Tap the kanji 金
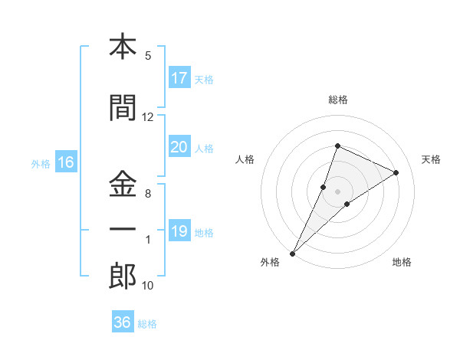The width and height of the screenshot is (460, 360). pyautogui.click(x=123, y=184)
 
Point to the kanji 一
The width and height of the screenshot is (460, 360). pyautogui.click(x=123, y=229)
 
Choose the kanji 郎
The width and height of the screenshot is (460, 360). pyautogui.click(x=123, y=277)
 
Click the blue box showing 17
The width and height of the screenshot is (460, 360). pyautogui.click(x=179, y=78)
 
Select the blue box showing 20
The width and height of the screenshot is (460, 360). pyautogui.click(x=179, y=148)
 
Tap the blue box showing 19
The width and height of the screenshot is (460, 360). pyautogui.click(x=179, y=232)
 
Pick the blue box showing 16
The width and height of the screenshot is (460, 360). pyautogui.click(x=66, y=162)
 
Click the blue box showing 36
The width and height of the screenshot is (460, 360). pyautogui.click(x=123, y=322)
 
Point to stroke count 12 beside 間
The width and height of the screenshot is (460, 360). pyautogui.click(x=148, y=117)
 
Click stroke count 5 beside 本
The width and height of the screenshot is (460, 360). pyautogui.click(x=148, y=56)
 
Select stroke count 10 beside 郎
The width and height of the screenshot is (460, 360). pyautogui.click(x=148, y=286)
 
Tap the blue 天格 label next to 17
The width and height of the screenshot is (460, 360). pyautogui.click(x=204, y=79)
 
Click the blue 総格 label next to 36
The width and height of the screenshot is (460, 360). pyautogui.click(x=147, y=323)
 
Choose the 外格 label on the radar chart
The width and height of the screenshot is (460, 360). pyautogui.click(x=270, y=262)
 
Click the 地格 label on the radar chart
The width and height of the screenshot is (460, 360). pyautogui.click(x=402, y=262)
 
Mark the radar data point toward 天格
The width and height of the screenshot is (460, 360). pyautogui.click(x=396, y=172)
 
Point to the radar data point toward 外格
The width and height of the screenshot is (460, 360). pyautogui.click(x=292, y=253)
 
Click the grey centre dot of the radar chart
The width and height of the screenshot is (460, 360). pyautogui.click(x=337, y=191)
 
